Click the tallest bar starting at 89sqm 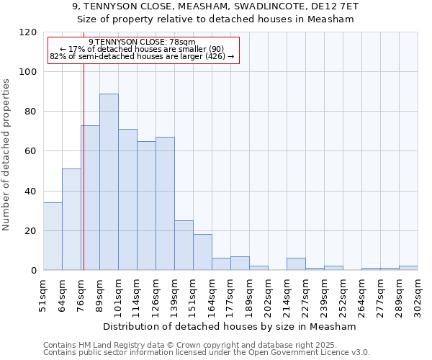[109, 181]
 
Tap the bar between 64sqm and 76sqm [71, 220]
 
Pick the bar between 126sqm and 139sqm [165, 204]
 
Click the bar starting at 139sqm [184, 246]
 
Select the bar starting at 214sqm [296, 264]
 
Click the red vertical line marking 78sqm [84, 166]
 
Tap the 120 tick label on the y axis [29, 32]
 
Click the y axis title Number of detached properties [6, 155]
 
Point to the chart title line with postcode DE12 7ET [215, 6]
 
